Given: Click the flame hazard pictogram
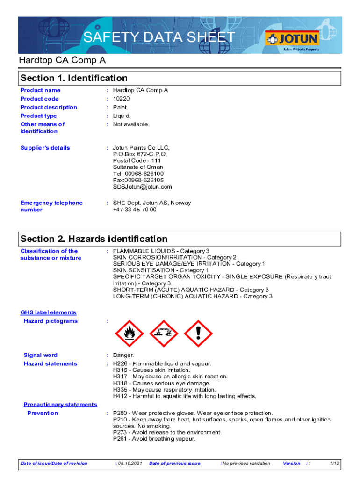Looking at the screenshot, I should point(129,334).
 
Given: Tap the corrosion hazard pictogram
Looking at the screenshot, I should point(164,334).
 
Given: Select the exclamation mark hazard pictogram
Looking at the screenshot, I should point(199,334).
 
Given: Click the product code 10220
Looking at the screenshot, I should point(121,99).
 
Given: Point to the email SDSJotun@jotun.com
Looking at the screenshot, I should point(142,187).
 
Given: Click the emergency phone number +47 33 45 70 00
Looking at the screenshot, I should point(135,210).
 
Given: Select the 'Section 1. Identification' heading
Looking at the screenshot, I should point(74,78).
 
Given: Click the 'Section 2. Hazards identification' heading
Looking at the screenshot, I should point(94,239).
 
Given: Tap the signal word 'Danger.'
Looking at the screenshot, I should point(123,356).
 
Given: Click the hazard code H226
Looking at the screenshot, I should point(121,363).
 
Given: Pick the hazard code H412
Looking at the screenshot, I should point(121,396).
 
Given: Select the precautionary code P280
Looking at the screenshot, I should point(121,413).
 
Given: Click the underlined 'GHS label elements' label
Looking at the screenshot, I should point(48,312).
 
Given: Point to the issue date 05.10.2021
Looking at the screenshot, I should point(129,464).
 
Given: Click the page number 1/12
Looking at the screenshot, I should point(334,464).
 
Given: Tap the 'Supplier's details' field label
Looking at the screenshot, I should point(45,148).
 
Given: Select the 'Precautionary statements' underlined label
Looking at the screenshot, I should point(60,405).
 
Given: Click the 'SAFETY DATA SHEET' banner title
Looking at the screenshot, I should point(159,37).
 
